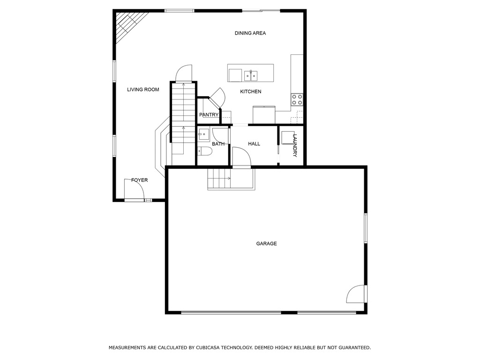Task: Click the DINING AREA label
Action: (250, 33)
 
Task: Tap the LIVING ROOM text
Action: (143, 90)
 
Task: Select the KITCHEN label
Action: (251, 91)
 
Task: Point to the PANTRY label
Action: (209, 115)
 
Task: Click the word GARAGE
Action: (266, 244)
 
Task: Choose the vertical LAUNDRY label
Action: (295, 145)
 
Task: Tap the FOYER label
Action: (139, 180)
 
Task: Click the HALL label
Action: (254, 144)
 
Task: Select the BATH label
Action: (218, 144)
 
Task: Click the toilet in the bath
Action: (205, 151)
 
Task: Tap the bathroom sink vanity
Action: (204, 135)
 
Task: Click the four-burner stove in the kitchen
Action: (297, 99)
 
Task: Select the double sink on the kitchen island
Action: (250, 75)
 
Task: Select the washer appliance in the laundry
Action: (287, 137)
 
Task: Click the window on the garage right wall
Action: (366, 228)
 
